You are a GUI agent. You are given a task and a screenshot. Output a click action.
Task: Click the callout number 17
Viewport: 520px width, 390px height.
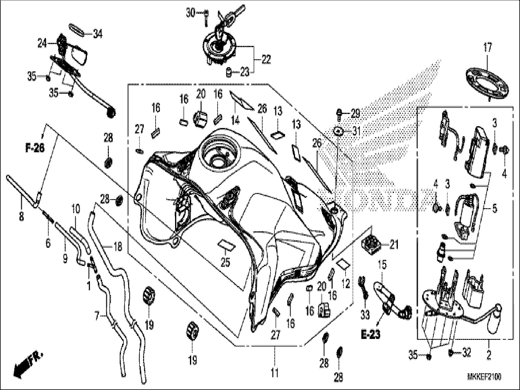(487, 48)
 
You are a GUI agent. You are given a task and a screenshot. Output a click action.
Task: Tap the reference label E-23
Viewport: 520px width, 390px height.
(370, 335)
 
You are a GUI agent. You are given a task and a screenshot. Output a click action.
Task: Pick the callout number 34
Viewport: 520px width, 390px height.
(97, 34)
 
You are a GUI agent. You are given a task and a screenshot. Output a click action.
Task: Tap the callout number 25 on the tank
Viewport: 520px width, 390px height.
(225, 262)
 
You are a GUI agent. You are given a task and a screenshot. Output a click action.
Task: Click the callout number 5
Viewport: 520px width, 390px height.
(494, 209)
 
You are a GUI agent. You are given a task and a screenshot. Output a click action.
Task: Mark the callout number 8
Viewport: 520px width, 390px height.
(21, 217)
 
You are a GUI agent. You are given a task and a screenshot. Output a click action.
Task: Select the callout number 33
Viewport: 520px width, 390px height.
(365, 315)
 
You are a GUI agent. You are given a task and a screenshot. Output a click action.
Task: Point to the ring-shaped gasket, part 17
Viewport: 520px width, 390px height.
(487, 83)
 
